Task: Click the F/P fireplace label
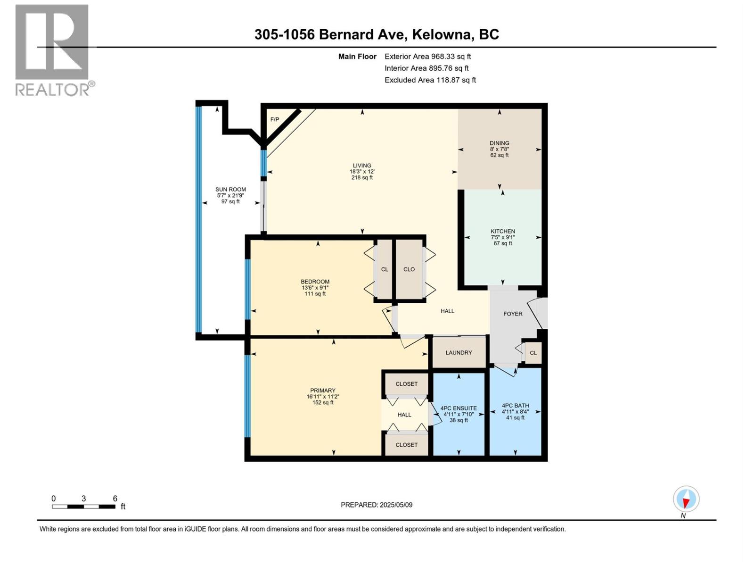tap(274, 119)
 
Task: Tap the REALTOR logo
tap(52, 50)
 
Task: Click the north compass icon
tap(686, 499)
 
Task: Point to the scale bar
tap(84, 507)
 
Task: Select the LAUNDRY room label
tap(459, 352)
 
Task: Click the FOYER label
tap(513, 314)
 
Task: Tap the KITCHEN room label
tap(503, 231)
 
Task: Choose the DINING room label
tap(499, 143)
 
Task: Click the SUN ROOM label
tap(230, 189)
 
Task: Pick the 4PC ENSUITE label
tap(459, 408)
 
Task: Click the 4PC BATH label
tap(515, 405)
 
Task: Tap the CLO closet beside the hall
tap(409, 269)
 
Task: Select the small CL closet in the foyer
tap(533, 353)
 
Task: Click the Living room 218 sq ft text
tap(362, 178)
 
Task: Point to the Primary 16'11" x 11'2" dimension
tap(323, 397)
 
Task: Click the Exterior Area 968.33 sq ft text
tap(427, 57)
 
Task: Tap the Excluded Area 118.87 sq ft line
tap(430, 80)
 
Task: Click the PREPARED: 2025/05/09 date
tap(377, 505)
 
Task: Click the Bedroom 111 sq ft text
tap(315, 294)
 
